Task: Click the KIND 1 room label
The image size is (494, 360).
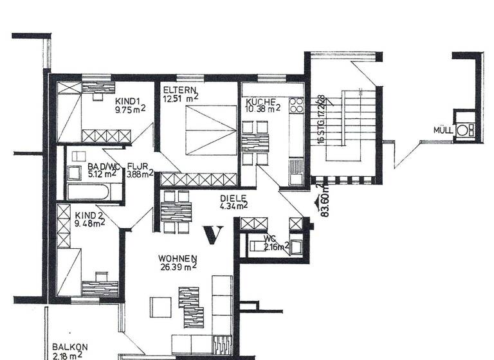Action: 128,101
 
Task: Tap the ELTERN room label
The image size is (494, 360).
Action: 175,89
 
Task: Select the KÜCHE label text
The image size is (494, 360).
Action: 261,102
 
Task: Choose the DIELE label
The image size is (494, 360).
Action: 233,199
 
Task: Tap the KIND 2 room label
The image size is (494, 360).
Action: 89,215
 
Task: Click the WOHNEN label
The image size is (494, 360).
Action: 177,258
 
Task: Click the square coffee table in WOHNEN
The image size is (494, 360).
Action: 160,307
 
